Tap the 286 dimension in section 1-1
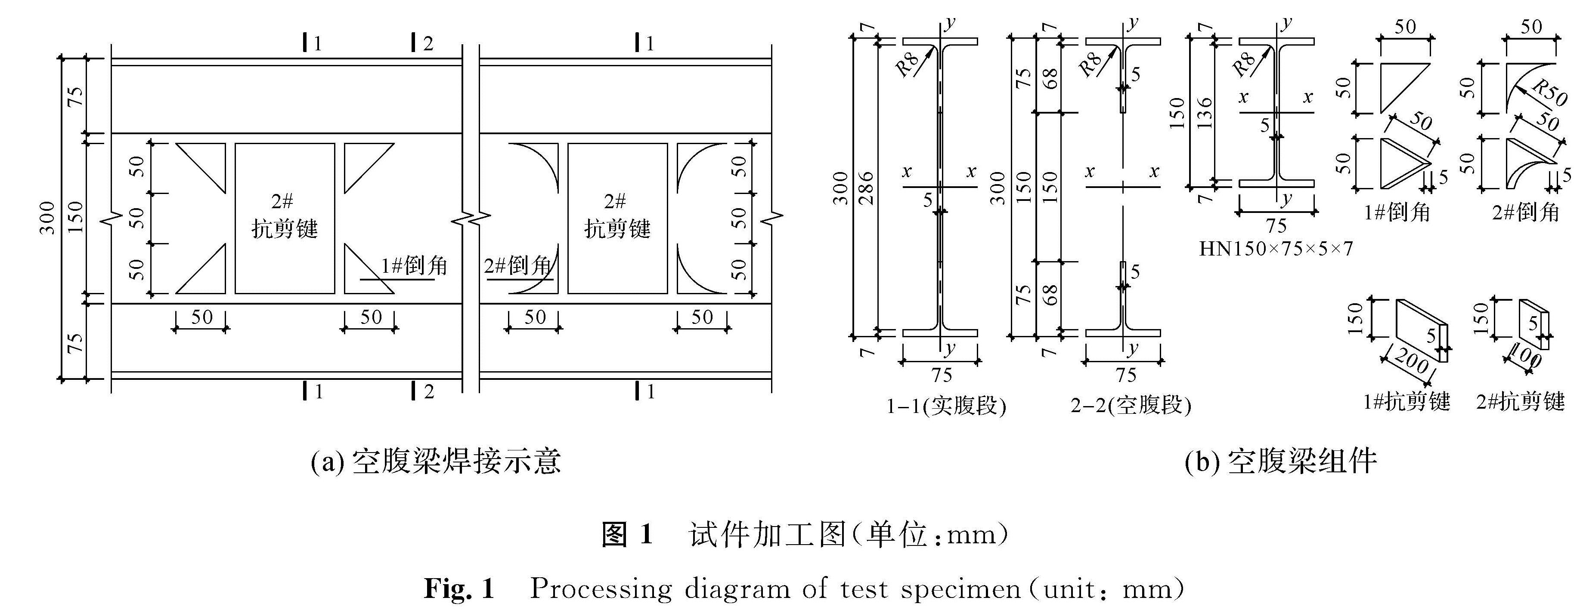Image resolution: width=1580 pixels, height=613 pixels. tap(865, 188)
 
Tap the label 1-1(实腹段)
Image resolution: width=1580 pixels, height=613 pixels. tap(946, 406)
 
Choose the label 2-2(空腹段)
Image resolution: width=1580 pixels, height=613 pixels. tap(1131, 406)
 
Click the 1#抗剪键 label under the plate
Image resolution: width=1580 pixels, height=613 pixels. tap(1407, 402)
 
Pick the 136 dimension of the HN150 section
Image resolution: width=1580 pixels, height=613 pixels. tap(1205, 114)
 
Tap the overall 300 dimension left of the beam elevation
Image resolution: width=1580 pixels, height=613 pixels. tap(48, 218)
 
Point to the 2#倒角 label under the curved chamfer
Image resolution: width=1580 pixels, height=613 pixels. tap(1525, 213)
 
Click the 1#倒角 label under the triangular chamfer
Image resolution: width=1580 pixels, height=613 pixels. tap(1397, 213)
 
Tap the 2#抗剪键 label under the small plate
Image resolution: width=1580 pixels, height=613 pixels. tap(1521, 402)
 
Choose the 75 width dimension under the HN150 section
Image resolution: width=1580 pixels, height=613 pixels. tap(1276, 225)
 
